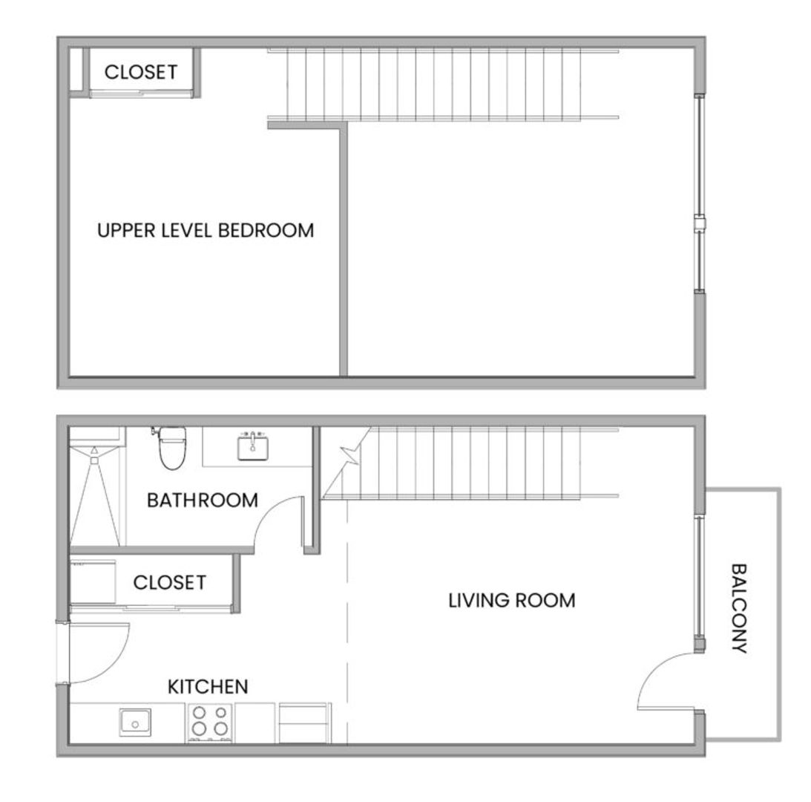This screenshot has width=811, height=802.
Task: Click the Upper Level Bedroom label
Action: pos(206,230)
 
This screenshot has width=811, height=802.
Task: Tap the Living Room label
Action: pos(511,600)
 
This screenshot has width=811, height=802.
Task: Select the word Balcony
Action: pos(740,608)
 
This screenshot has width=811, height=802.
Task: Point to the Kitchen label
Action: pos(208,687)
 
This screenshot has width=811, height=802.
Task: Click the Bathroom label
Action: pos(203,501)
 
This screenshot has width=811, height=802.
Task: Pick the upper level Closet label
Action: pos(141,72)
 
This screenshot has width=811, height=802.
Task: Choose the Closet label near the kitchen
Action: pos(170,582)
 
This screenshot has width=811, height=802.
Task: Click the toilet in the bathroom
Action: pos(171,447)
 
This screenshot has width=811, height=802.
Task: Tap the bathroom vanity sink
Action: pos(253,446)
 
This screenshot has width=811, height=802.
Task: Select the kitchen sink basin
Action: pos(136,723)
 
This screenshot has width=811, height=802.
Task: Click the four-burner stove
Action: pos(209,722)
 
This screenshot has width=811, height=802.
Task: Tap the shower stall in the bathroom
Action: pos(95,486)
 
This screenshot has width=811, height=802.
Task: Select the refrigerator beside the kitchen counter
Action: pos(303,723)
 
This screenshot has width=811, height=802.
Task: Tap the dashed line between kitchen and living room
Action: pos(347,622)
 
